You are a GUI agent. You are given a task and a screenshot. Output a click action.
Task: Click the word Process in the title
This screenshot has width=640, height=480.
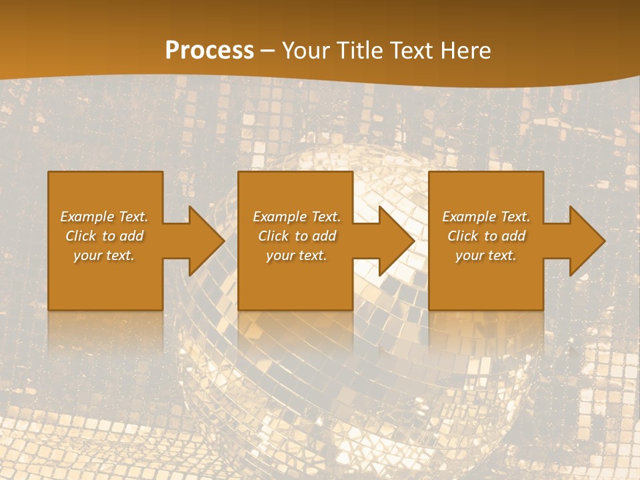coord(209,51)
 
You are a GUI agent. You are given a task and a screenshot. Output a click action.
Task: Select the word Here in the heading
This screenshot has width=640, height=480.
coord(466,51)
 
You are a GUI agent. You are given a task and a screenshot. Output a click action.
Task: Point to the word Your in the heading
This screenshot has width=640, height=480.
coord(307,51)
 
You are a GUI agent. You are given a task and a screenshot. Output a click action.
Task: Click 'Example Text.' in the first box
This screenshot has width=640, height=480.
coord(104,217)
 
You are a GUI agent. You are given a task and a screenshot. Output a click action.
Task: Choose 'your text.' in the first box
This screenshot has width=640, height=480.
coord(104,255)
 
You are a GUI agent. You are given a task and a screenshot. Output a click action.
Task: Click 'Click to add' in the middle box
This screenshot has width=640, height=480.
coord(297,236)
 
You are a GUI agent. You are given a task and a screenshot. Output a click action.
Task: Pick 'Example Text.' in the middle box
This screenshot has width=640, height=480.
coord(297,217)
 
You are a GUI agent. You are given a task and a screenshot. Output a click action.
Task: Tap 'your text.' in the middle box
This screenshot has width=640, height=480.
coord(297,255)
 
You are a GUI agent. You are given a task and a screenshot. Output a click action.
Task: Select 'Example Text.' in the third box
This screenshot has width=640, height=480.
coord(486,217)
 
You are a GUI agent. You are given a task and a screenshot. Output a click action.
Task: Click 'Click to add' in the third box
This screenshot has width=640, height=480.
coord(486,236)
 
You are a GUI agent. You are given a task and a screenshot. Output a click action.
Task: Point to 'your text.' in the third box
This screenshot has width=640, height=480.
coord(486,255)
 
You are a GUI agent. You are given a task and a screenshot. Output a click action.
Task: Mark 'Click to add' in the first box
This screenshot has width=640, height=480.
coord(104,236)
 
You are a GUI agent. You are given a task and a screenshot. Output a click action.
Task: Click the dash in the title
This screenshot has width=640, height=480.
coord(268,51)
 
